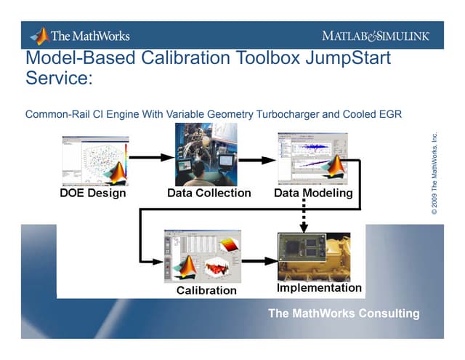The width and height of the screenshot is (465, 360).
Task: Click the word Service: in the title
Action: pos(59,78)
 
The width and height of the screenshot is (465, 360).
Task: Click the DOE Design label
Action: pos(92,193)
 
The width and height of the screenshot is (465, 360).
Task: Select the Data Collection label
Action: pos(209,193)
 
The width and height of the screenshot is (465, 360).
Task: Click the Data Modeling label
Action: pos(313,193)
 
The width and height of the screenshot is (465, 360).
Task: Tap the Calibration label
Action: pos(207,290)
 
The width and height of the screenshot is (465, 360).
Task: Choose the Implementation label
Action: pos(319,288)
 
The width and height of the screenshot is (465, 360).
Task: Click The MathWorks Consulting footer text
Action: pos(344,313)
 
